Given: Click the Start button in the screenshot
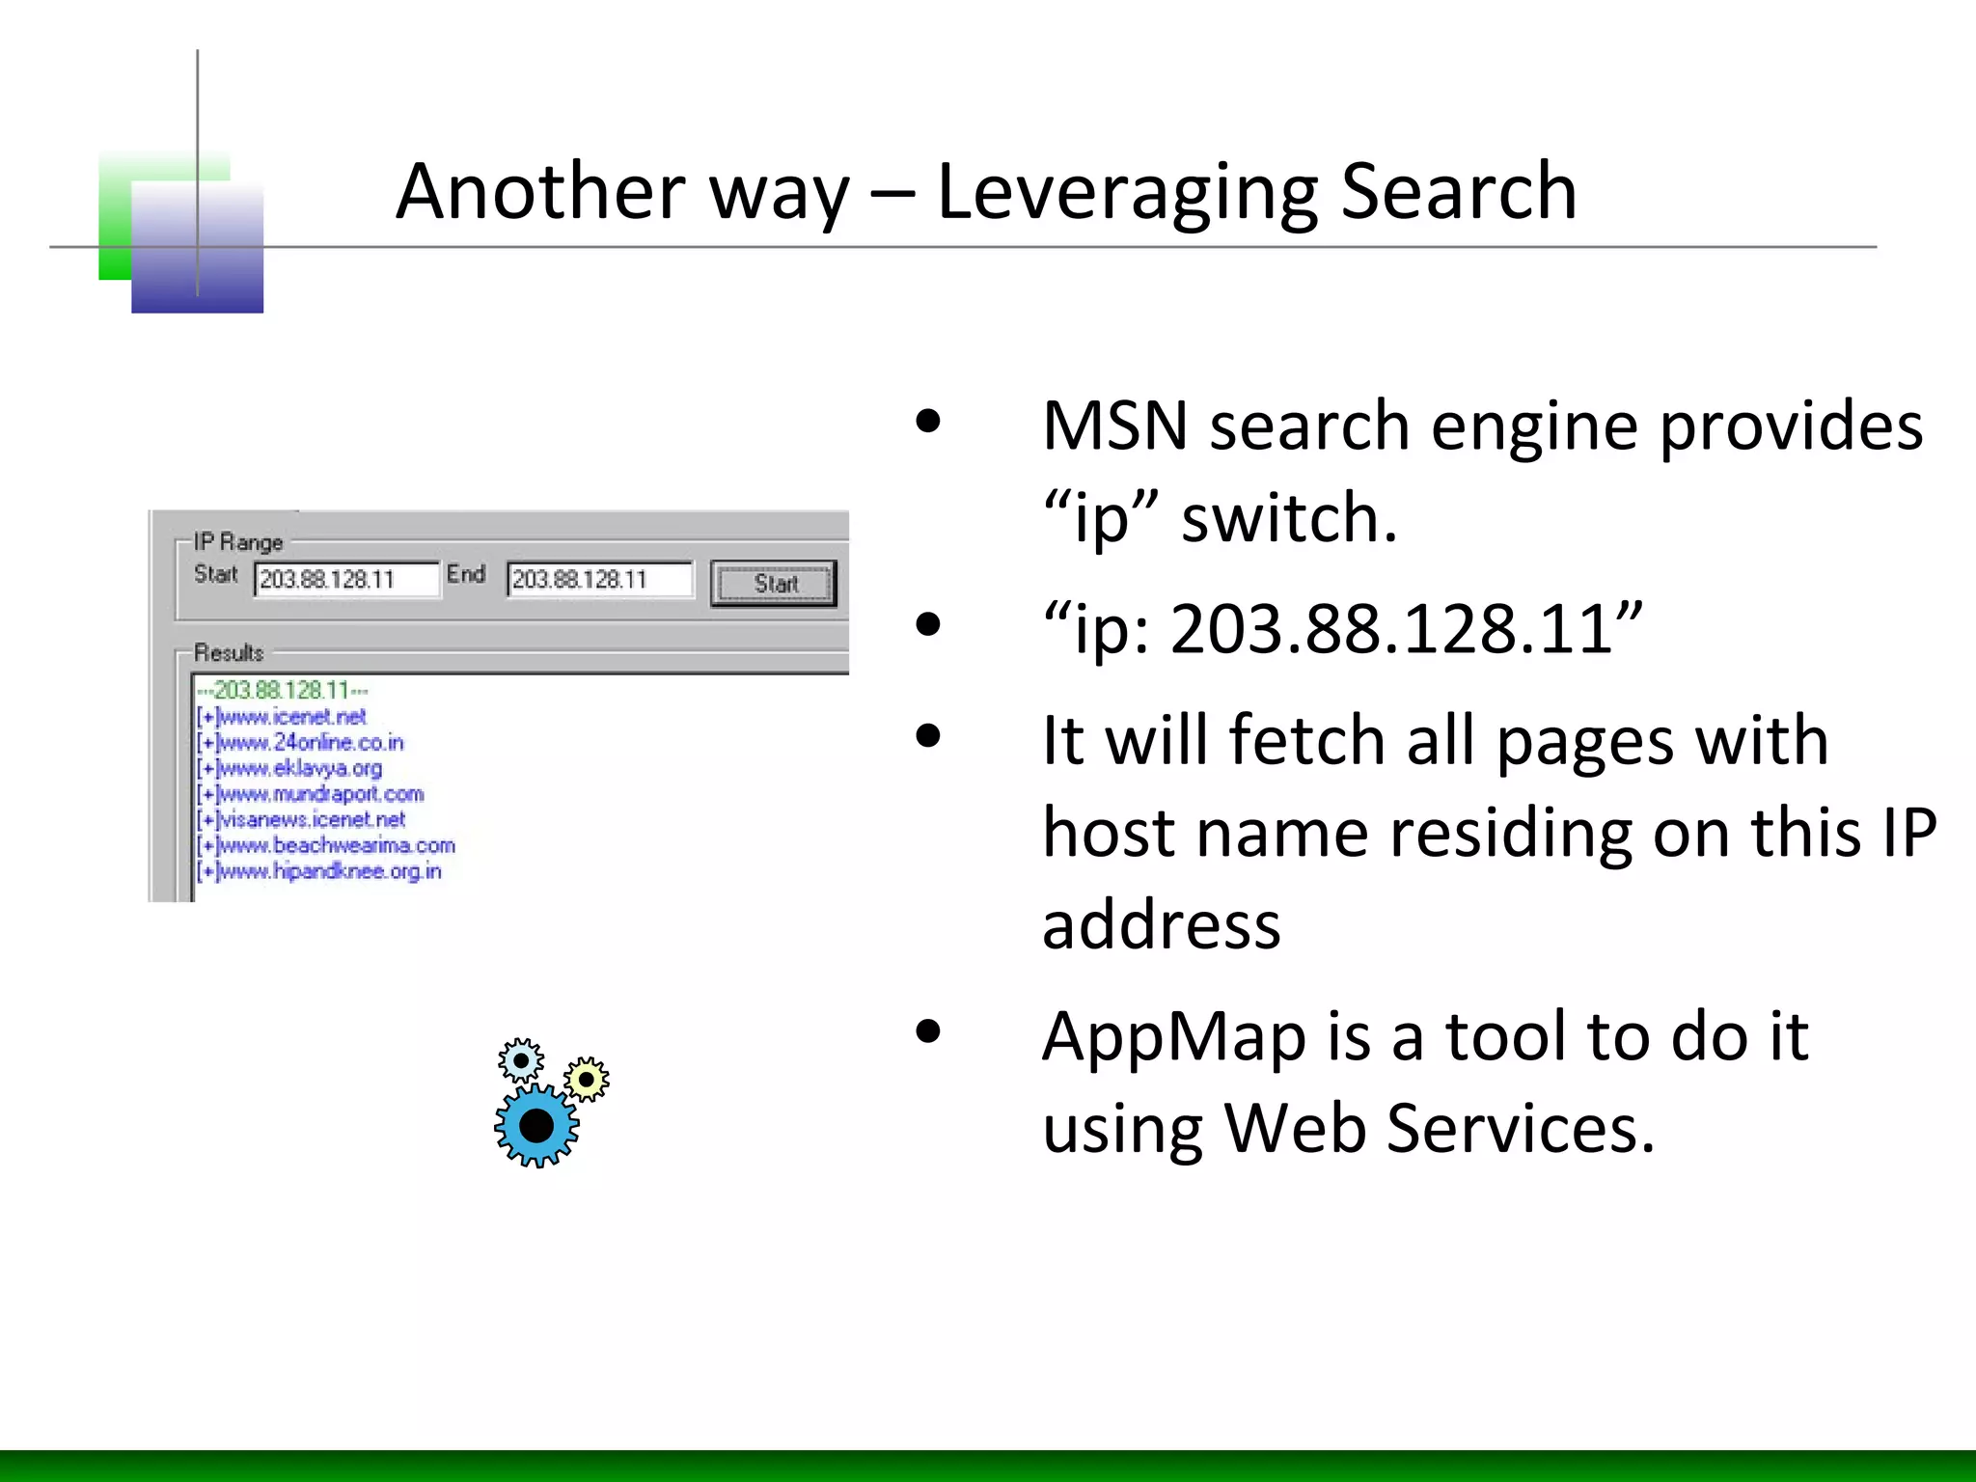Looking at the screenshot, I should (774, 584).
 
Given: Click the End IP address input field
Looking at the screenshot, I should (599, 580).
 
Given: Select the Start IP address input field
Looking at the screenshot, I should (346, 580).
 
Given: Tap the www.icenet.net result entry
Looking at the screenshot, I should (290, 717).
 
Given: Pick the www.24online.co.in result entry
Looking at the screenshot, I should (309, 743).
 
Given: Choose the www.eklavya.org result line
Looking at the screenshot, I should (299, 769).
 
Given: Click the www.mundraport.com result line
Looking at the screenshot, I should (319, 794).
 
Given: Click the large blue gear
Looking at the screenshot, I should (536, 1125).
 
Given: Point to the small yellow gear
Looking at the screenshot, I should (587, 1079).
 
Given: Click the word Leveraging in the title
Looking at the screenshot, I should (1127, 192).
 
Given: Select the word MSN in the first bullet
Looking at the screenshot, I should (1114, 425).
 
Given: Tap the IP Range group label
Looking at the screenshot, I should (238, 542).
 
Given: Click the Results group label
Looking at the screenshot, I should (229, 653).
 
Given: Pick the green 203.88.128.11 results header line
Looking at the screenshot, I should (282, 691).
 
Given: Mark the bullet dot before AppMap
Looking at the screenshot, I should (928, 1031).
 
